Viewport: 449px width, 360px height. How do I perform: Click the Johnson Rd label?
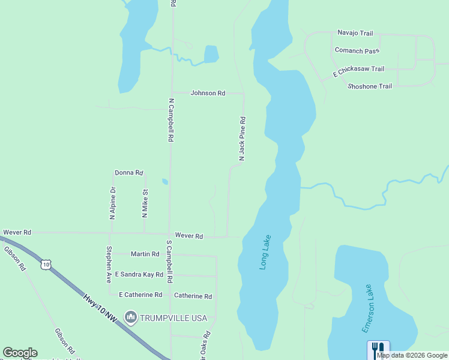click(208, 93)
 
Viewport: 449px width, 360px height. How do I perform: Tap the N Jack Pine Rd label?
click(243, 139)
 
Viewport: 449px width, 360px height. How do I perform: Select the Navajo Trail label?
click(355, 32)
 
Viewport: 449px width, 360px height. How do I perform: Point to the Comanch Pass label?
click(357, 50)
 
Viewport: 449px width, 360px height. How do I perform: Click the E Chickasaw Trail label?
click(359, 71)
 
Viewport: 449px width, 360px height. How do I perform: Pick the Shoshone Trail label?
click(370, 86)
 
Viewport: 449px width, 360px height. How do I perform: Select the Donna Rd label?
click(128, 173)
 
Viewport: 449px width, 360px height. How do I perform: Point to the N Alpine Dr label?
click(112, 203)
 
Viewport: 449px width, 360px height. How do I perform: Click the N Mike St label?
click(145, 203)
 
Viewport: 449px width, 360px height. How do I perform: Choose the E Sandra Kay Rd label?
click(139, 274)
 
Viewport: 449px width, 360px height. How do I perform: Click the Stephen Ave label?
click(109, 265)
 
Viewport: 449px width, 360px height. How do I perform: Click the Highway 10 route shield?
click(46, 263)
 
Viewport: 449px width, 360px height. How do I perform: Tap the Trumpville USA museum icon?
click(129, 316)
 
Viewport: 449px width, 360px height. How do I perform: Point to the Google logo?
click(20, 353)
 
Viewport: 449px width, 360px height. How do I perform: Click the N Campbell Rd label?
click(170, 120)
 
